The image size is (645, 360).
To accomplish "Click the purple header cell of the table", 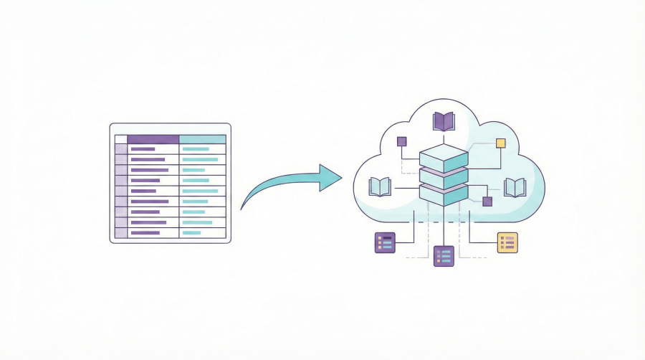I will click(x=153, y=139).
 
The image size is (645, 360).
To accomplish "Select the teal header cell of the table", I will click(x=202, y=139).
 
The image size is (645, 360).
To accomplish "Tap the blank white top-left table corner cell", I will click(x=120, y=139).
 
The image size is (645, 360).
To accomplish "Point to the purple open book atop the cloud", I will click(x=444, y=121).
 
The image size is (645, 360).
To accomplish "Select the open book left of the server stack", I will click(x=379, y=187).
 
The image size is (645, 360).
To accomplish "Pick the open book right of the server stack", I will click(x=515, y=187).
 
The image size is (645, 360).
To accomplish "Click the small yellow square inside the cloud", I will click(x=500, y=143).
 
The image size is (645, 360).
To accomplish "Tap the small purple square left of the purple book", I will click(x=401, y=141).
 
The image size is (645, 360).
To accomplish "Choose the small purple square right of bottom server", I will click(x=487, y=202).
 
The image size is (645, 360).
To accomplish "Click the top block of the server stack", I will click(x=444, y=157).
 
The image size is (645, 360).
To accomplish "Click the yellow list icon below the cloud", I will click(x=507, y=242).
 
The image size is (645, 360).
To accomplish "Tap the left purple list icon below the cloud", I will click(x=385, y=242).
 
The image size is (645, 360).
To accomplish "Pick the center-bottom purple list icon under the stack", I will click(x=444, y=255).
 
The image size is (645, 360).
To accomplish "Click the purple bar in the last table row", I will click(x=145, y=232).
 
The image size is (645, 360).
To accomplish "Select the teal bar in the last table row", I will click(x=192, y=232).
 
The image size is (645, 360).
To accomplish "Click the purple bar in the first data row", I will click(x=143, y=149).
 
